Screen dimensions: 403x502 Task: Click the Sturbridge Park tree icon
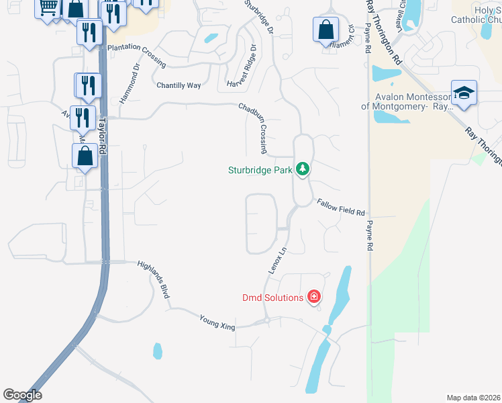[x=303, y=169]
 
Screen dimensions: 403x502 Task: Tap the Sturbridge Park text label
[x=260, y=170]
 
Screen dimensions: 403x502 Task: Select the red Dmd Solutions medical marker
[x=313, y=297]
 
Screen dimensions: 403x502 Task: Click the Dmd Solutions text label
[x=273, y=298]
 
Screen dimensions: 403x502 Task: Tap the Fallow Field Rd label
[x=341, y=207]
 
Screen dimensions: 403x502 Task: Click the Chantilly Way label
[x=179, y=85]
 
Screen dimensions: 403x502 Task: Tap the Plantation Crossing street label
[x=136, y=54]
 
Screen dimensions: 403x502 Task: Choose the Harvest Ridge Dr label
[x=242, y=66]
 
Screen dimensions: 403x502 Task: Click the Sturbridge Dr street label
[x=259, y=18]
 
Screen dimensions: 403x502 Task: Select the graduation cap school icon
[x=464, y=93]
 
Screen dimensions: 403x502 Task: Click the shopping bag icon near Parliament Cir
[x=325, y=30]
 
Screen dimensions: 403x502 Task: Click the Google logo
[x=22, y=395]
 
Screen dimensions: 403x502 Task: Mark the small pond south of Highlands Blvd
[x=158, y=351]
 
